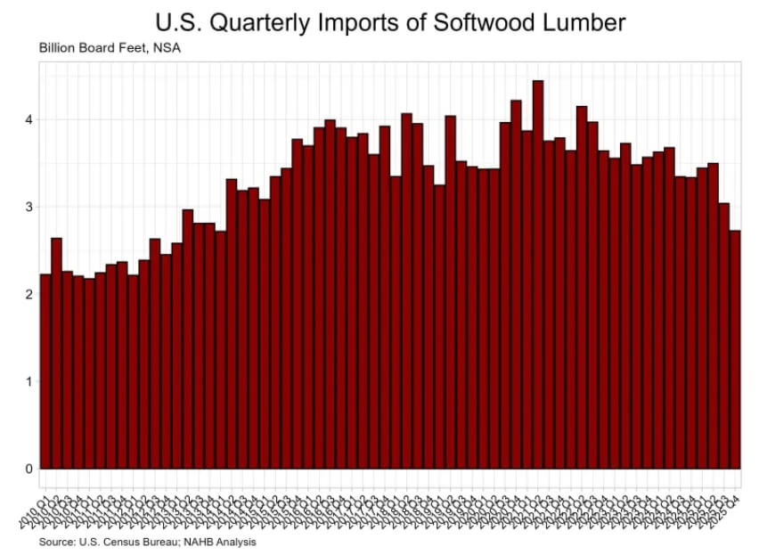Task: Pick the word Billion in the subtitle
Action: pos(56,46)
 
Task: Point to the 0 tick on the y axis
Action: pos(29,469)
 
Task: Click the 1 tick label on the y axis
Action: pos(29,381)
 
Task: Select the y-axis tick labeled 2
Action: pos(29,294)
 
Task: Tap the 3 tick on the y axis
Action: pos(29,207)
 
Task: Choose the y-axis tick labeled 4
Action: pos(29,119)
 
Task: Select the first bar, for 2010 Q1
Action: pos(45,374)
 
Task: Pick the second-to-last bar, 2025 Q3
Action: pos(724,339)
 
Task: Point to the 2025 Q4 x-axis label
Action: pos(729,495)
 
